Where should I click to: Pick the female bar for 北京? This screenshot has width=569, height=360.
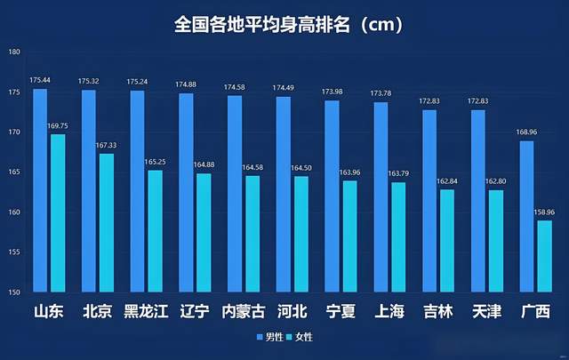coord(106,222)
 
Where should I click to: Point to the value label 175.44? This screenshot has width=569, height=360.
coord(40,81)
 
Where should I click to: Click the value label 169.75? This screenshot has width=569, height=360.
coord(58,126)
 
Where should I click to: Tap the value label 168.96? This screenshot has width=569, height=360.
coord(526,133)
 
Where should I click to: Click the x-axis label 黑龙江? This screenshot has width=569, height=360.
coord(147,312)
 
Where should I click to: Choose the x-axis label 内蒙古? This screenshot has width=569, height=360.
coord(244,312)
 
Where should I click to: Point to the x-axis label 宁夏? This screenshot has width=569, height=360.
coord(341,312)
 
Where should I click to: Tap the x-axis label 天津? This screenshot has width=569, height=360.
coord(486,312)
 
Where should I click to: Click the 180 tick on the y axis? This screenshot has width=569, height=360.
coord(14,52)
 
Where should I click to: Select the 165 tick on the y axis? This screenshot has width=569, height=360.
coord(14,172)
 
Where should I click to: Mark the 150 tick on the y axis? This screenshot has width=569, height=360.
coord(14,292)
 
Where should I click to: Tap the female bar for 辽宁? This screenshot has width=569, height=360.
coord(204,232)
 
